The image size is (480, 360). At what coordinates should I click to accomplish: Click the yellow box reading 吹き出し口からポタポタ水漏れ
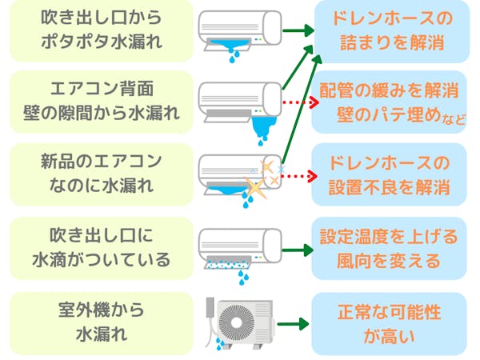point(97,30)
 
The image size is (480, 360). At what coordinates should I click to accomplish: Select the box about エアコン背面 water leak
point(97,102)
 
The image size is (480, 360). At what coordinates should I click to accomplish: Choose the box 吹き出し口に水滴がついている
point(97,247)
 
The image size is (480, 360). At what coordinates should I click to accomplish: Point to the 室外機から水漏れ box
point(97,320)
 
